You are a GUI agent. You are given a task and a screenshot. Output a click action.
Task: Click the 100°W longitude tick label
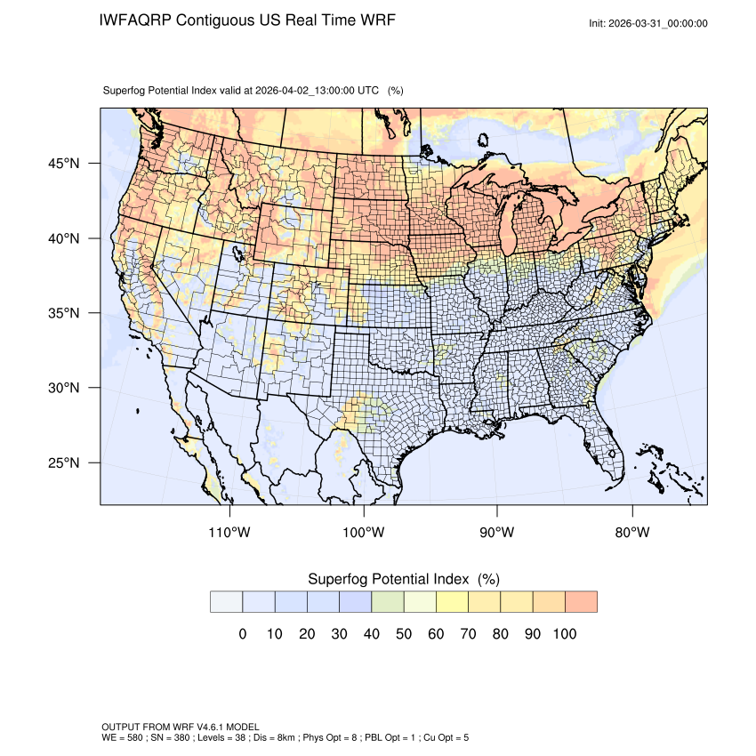364,533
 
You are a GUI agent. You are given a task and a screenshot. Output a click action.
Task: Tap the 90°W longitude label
497,533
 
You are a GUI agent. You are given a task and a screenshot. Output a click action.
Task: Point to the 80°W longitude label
631,533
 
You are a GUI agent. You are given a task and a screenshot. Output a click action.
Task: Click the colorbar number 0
242,634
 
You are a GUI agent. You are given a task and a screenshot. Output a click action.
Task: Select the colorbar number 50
403,634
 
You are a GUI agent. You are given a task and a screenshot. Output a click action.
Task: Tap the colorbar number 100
564,634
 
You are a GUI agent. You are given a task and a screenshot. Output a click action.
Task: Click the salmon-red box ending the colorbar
581,602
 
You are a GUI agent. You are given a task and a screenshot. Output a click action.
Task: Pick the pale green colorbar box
387,602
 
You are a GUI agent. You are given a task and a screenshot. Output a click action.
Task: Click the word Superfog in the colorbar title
339,579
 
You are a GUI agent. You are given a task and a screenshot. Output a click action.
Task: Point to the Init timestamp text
648,23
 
